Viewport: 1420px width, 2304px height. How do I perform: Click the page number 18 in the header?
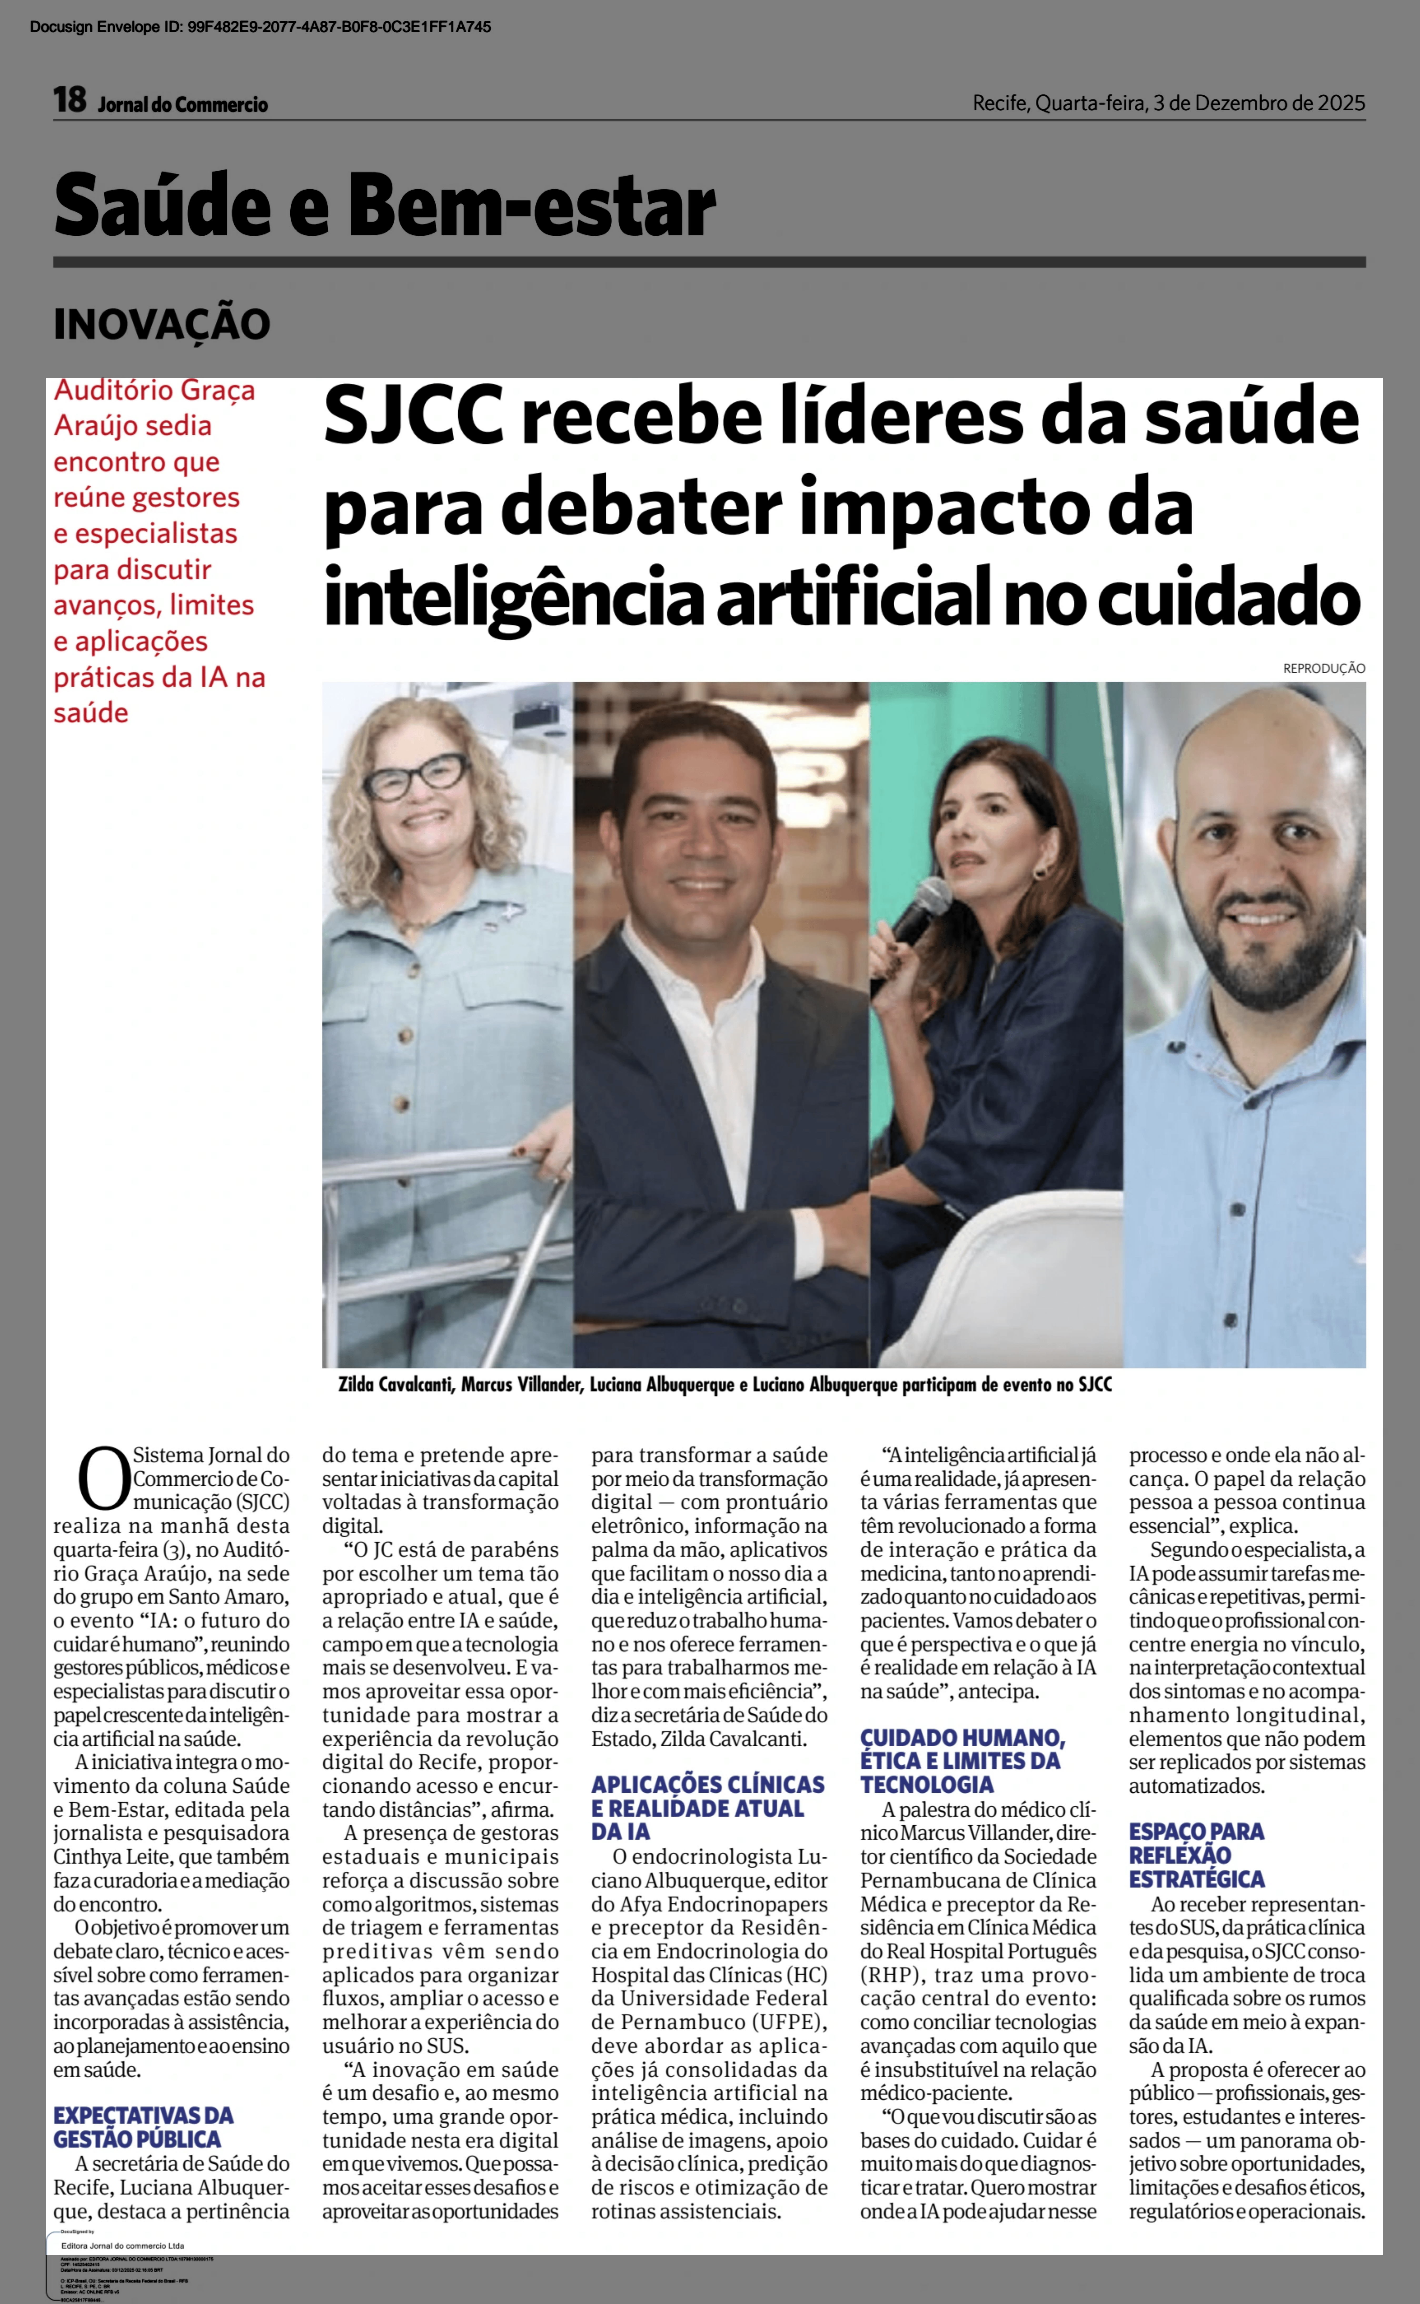coord(69,101)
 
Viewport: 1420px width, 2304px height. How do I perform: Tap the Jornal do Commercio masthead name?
coord(183,104)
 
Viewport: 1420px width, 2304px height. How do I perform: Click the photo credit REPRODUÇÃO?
coord(1323,669)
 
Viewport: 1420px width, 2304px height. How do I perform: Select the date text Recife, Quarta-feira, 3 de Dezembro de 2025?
coord(1168,103)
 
